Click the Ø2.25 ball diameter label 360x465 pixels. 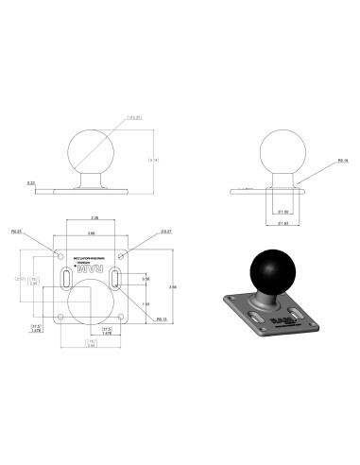136,118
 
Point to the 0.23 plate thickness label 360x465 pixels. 31,182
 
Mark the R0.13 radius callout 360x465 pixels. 137,319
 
